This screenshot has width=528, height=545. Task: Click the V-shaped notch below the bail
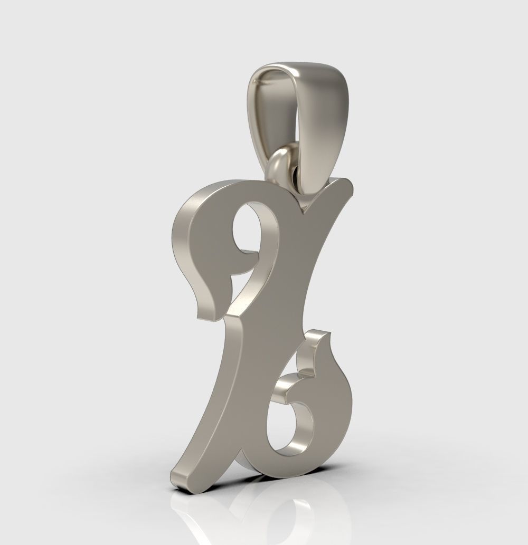pyautogui.click(x=303, y=211)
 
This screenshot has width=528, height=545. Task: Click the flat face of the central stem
pyautogui.click(x=275, y=317)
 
